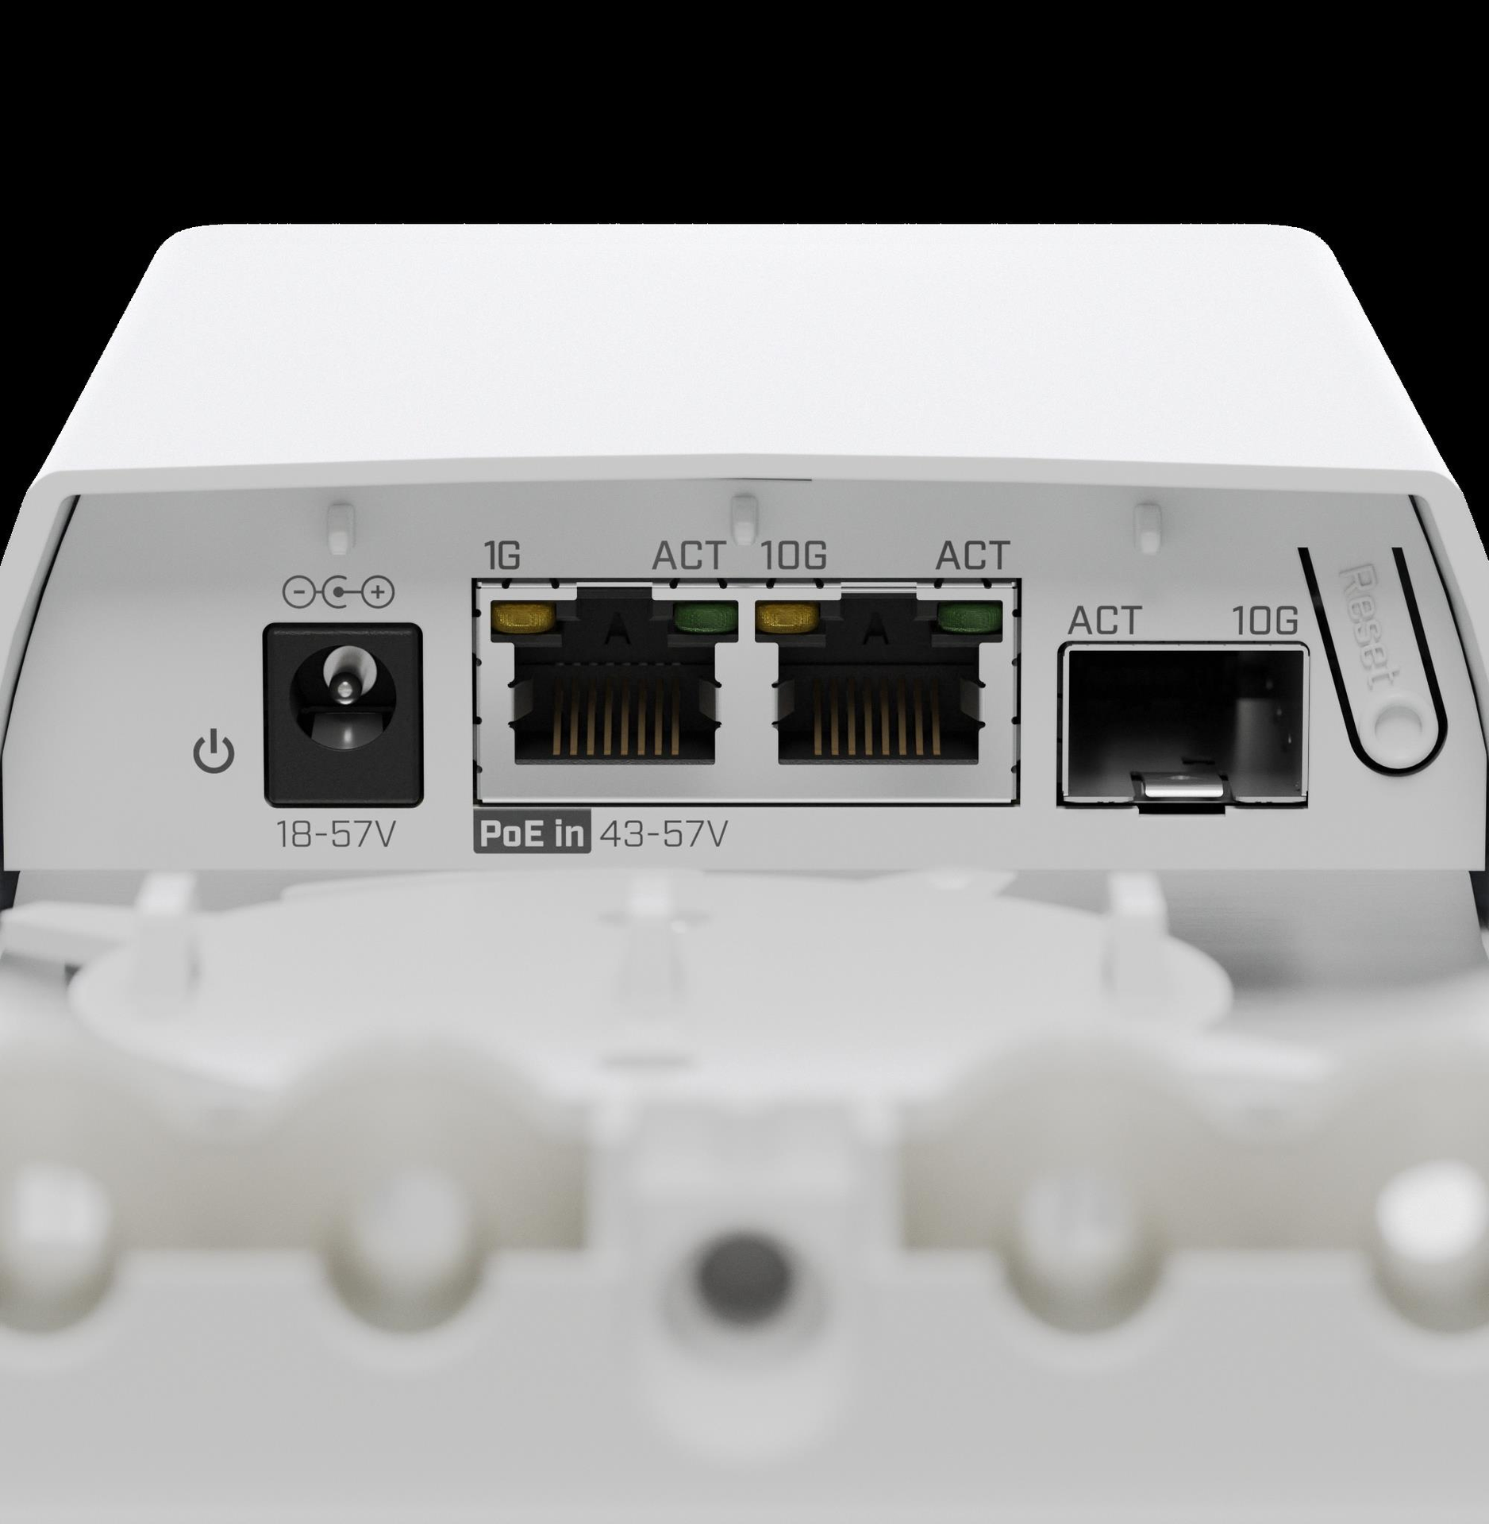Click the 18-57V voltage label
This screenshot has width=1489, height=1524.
pos(334,834)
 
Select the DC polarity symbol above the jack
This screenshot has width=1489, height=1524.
pos(338,591)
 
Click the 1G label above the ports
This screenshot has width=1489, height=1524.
pos(502,556)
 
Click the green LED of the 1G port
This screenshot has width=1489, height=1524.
pos(703,615)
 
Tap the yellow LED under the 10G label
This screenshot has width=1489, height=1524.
pos(787,615)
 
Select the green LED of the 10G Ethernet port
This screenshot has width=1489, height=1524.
pos(968,615)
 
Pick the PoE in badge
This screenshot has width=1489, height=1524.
pos(532,835)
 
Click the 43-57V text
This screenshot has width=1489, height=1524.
pos(662,835)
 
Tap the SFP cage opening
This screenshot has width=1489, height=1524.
pos(1183,726)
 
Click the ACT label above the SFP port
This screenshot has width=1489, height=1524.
pos(1105,620)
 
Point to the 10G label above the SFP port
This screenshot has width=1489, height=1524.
pos(1265,621)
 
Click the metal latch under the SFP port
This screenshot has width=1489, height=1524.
pos(1183,789)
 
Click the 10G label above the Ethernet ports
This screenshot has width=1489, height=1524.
pos(794,556)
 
